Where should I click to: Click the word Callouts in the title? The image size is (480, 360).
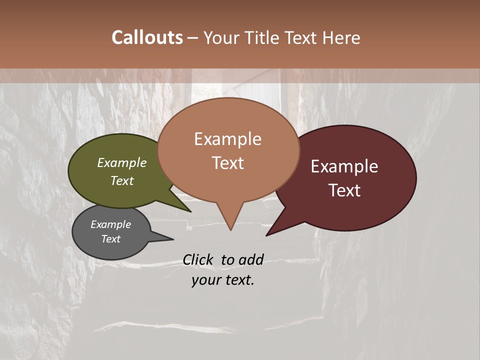pyautogui.click(x=147, y=37)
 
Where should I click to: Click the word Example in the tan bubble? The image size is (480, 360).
pyautogui.click(x=227, y=139)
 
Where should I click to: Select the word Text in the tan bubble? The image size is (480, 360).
pyautogui.click(x=227, y=163)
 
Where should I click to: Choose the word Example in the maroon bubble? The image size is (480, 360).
pyautogui.click(x=344, y=166)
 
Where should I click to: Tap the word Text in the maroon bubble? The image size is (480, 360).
pyautogui.click(x=345, y=190)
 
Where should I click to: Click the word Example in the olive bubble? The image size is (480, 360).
pyautogui.click(x=121, y=162)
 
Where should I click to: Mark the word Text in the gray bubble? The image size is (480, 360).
pyautogui.click(x=110, y=239)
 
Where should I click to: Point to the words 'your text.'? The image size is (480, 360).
pyautogui.click(x=223, y=280)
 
